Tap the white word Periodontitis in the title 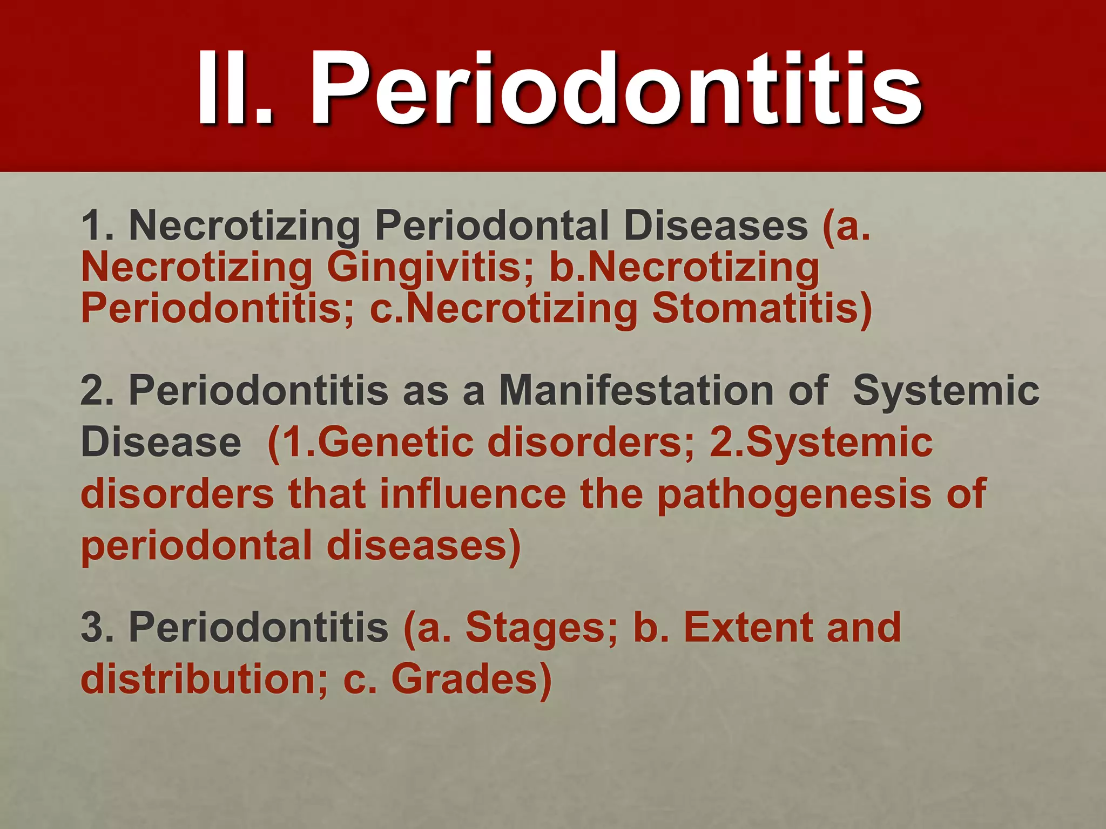pos(616,89)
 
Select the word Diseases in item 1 pos(715,226)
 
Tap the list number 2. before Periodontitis pos(97,390)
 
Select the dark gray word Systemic pos(946,390)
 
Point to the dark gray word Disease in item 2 pos(161,442)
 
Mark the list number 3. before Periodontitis pos(97,628)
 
